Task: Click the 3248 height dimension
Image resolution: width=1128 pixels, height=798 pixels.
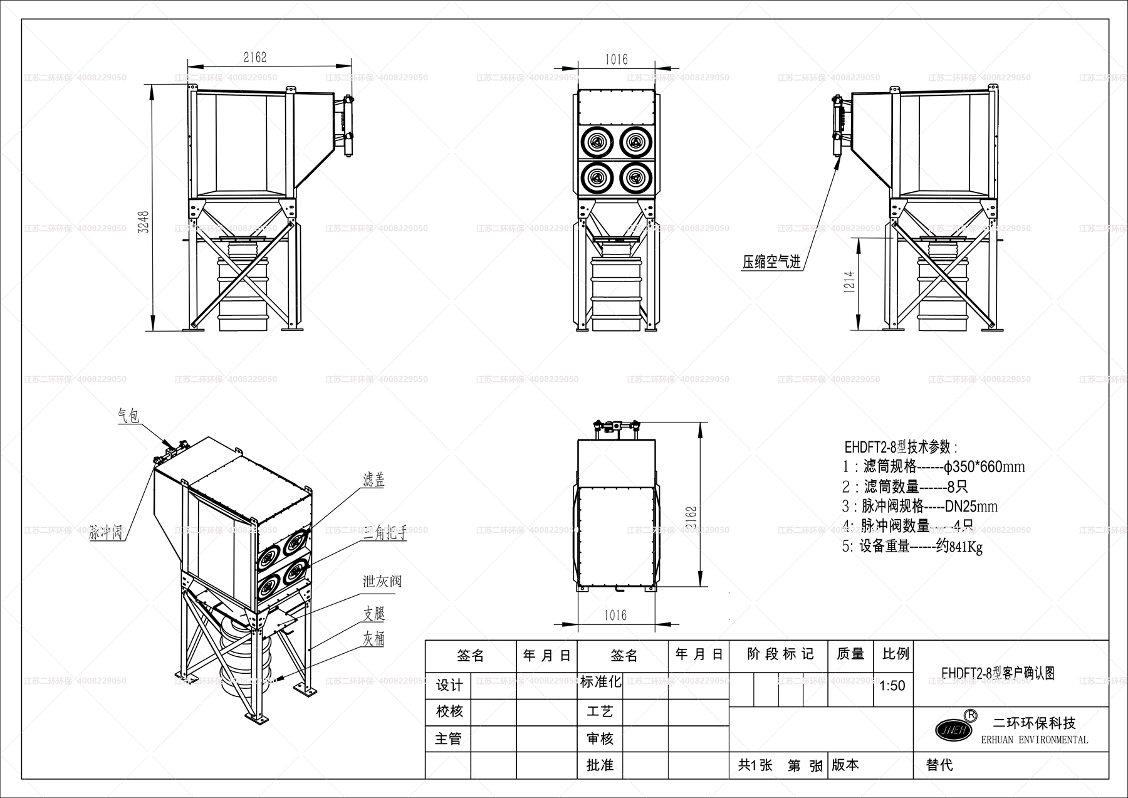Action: (x=144, y=221)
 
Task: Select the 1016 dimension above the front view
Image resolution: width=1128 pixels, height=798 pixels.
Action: (x=616, y=60)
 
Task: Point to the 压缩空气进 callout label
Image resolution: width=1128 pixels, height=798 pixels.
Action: (x=771, y=263)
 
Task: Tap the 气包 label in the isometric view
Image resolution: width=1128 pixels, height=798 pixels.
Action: (x=128, y=416)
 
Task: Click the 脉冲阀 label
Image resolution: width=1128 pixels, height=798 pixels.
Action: (x=105, y=533)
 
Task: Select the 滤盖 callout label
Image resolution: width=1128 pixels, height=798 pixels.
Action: (x=373, y=480)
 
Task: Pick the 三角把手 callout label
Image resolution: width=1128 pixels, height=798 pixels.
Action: (x=385, y=534)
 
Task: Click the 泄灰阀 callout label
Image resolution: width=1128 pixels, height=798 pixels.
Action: (x=382, y=581)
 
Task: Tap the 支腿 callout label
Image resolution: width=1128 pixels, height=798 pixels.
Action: (x=373, y=613)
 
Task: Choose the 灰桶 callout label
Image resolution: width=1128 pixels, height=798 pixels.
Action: (x=373, y=639)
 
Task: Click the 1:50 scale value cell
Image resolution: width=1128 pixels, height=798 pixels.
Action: (x=892, y=686)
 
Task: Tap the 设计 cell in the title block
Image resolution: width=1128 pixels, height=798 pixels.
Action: (x=449, y=685)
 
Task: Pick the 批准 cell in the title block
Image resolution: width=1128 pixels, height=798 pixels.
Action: (x=600, y=765)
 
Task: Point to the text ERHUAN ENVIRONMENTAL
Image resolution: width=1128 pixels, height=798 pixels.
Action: (x=1034, y=740)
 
